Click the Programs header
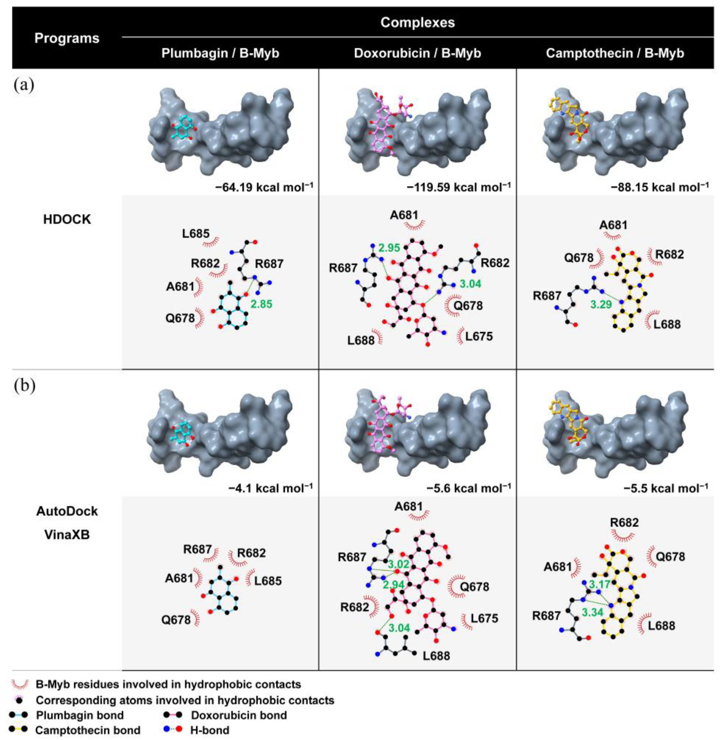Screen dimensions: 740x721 pos(67,38)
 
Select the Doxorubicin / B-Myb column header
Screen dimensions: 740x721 pos(417,53)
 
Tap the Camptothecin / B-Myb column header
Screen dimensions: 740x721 pos(615,53)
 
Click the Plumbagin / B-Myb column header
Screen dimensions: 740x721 pos(220,53)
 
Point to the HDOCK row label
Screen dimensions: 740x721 pos(67,219)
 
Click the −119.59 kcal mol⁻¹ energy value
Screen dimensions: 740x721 pos(459,187)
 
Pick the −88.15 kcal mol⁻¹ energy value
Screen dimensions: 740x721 pos(659,187)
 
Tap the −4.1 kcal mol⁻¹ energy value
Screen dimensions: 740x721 pos(270,488)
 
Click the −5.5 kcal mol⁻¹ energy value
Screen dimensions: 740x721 pos(666,488)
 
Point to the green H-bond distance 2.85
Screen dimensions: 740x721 pos(261,304)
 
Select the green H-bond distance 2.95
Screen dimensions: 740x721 pos(389,248)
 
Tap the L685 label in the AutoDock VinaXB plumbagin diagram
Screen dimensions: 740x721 pos(268,580)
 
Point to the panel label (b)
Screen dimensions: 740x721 pos(24,386)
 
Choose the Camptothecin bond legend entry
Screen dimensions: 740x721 pos(87,730)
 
